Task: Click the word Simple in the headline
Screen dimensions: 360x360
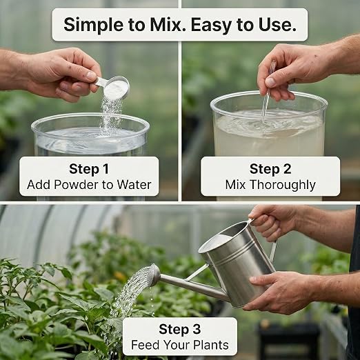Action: tap(94, 25)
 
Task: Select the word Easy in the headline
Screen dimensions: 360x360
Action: tap(212, 25)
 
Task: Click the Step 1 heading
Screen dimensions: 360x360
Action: tap(89, 169)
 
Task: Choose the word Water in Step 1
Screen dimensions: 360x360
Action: tap(134, 185)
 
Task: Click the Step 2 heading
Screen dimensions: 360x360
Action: tap(270, 169)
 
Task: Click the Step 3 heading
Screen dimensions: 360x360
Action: tap(180, 329)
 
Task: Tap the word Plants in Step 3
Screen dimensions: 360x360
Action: tap(211, 345)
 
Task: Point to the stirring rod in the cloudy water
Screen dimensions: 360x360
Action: tap(268, 92)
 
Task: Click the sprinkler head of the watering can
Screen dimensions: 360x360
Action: tap(154, 274)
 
